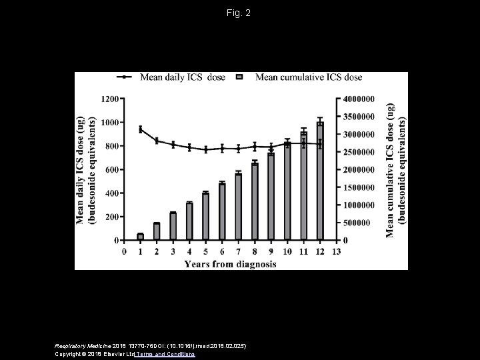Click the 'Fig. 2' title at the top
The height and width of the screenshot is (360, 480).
239,13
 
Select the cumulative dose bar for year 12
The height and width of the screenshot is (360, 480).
320,181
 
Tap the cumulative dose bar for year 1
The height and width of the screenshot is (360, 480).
141,237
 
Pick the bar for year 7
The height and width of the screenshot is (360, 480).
239,207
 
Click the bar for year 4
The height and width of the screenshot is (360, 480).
189,221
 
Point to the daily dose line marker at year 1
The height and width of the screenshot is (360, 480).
141,129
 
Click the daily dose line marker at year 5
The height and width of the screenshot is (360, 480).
206,149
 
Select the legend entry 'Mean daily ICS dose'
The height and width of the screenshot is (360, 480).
172,77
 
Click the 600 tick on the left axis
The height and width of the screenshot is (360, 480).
112,169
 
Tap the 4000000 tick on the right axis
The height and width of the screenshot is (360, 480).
359,99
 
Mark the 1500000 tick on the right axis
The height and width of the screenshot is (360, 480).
359,187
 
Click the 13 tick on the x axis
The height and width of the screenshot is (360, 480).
336,252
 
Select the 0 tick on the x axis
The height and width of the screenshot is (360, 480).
125,252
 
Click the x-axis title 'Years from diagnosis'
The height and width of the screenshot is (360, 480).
230,263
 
